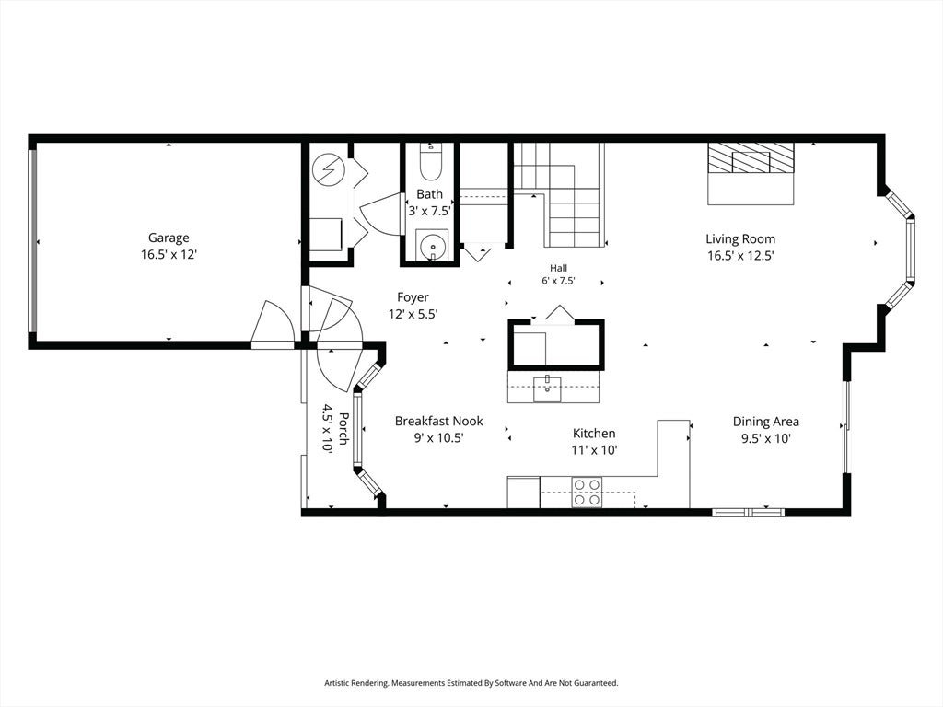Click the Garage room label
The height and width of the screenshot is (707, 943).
[x=169, y=238]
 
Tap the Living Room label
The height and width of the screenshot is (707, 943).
[x=740, y=238]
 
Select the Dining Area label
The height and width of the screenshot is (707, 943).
[x=765, y=422]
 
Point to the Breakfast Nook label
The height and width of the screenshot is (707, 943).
[x=439, y=422]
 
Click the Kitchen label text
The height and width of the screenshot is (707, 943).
[x=594, y=434]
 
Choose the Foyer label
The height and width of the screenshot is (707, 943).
[x=413, y=297]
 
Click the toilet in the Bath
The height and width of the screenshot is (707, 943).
[x=430, y=162]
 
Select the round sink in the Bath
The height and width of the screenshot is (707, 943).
[x=433, y=246]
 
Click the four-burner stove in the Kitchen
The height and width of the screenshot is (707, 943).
[x=587, y=492]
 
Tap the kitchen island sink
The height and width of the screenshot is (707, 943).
[x=547, y=388]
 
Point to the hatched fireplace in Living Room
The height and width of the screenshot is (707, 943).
[x=751, y=158]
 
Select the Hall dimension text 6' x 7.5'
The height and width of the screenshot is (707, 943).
[x=558, y=281]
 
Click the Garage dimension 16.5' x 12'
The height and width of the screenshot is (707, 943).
[x=169, y=255]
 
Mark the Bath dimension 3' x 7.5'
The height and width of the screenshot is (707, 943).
[x=429, y=211]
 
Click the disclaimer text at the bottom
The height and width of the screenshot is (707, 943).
[x=471, y=683]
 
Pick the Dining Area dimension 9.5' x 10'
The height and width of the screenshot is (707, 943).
[x=765, y=438]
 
